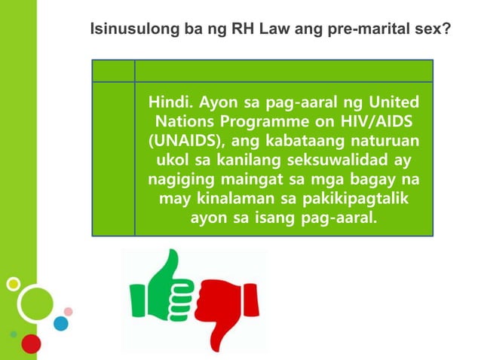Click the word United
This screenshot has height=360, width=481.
[x=391, y=102]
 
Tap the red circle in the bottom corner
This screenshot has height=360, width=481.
[x=31, y=343]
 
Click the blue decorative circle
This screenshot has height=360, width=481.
[x=61, y=323]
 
